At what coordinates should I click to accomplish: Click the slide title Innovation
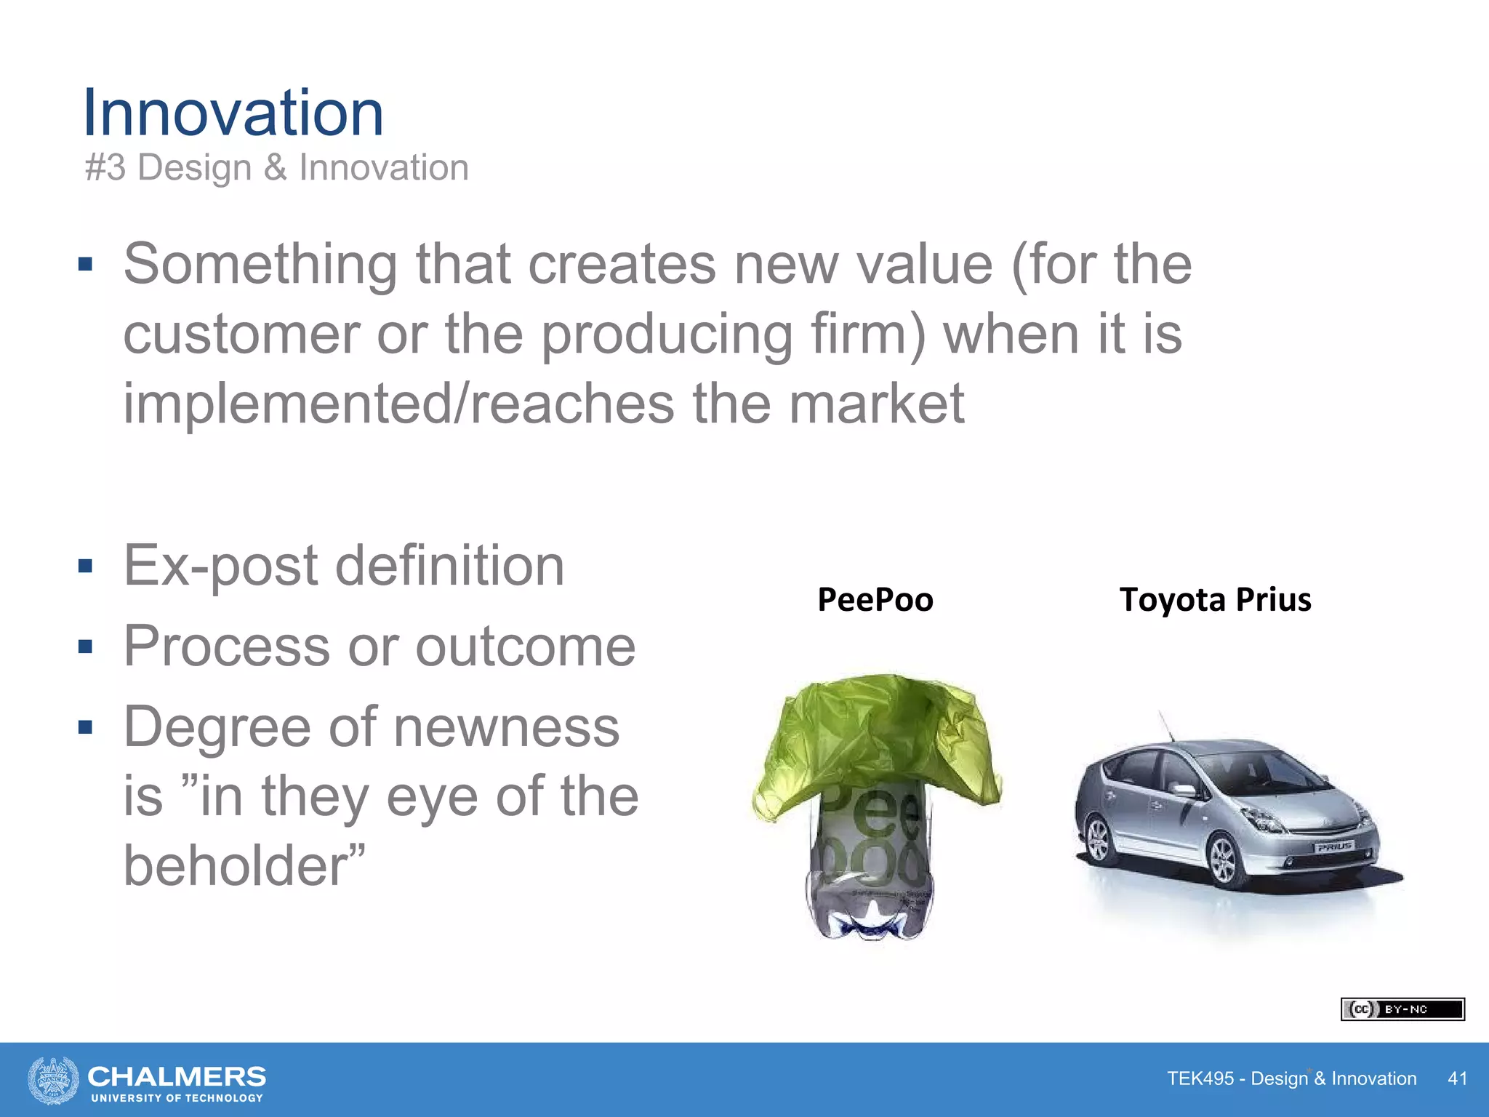233,113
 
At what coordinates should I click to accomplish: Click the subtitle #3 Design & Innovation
276,168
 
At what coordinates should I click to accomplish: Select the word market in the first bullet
876,404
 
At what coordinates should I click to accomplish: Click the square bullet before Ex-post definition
86,566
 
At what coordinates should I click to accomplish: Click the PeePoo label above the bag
875,600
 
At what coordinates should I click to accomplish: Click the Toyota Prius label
1215,600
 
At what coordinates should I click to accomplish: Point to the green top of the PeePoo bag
876,734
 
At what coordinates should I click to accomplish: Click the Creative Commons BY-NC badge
1402,1009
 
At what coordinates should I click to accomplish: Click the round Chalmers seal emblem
53,1080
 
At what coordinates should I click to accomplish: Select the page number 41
1457,1078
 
